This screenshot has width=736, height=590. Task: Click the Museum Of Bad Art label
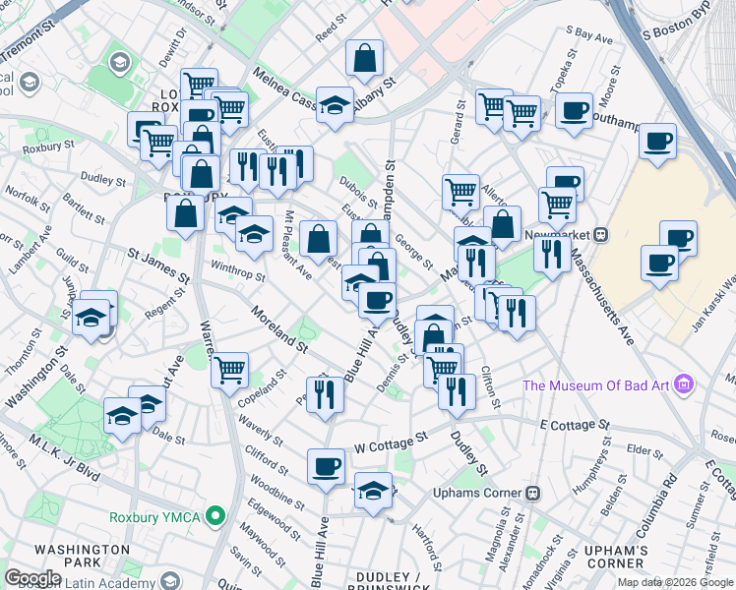(x=599, y=384)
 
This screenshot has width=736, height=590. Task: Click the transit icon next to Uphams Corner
(x=533, y=492)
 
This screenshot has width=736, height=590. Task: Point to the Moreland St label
(x=279, y=329)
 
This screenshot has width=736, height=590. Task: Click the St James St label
(x=157, y=262)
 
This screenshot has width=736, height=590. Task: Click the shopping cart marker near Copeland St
(x=230, y=371)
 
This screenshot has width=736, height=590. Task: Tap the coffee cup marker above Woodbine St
(x=326, y=467)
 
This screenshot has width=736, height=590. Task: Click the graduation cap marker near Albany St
(x=335, y=104)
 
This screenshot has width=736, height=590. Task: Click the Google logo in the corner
(x=31, y=578)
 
